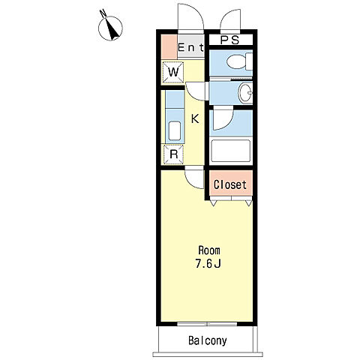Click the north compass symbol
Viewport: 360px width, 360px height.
point(110,27)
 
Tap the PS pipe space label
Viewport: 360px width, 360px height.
point(229,40)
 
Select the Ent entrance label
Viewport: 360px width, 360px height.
point(191,47)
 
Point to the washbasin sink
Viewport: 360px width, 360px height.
point(245,93)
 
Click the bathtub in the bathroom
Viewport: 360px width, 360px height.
point(230,151)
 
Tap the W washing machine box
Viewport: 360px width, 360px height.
point(173,72)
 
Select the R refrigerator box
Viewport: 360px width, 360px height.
point(174,154)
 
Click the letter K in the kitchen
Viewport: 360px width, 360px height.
point(195,118)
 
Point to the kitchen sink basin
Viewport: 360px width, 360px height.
point(175,130)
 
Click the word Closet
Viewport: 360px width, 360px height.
point(230,184)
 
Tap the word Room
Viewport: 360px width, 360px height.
point(209,250)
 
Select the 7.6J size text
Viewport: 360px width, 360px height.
point(208,263)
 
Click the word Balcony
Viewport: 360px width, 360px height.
point(208,340)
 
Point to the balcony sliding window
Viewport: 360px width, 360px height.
point(207,324)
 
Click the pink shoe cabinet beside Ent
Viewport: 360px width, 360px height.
point(169,47)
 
